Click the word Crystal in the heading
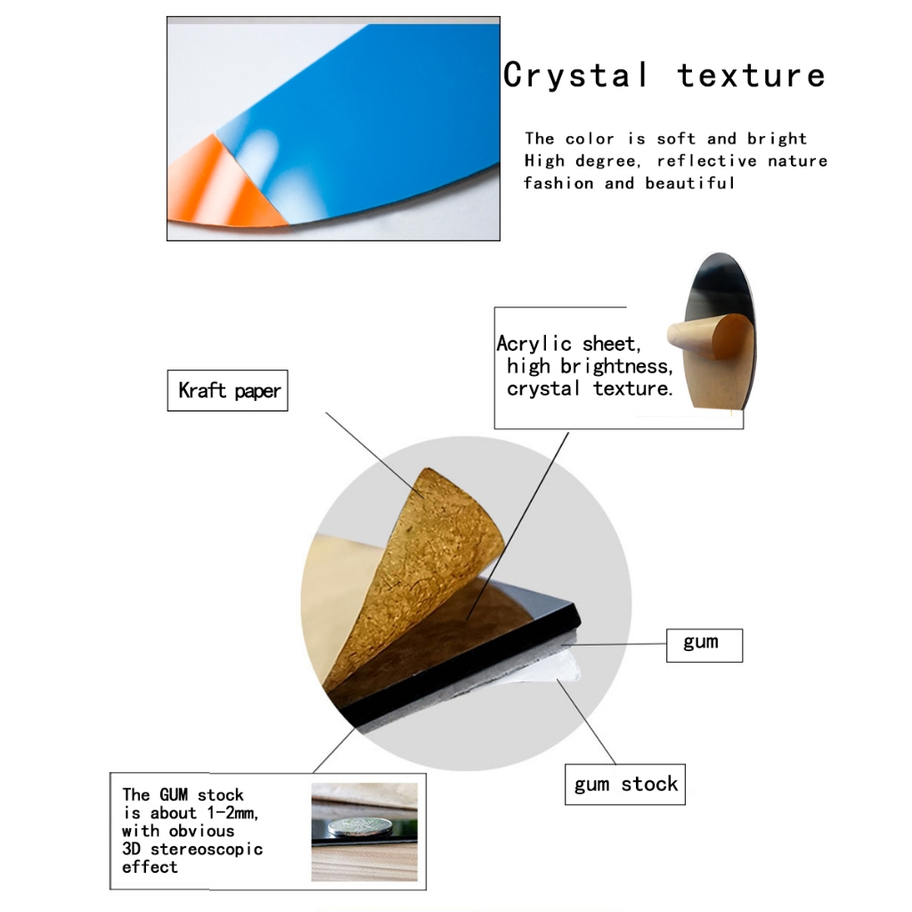pos(576,77)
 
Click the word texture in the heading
pos(751,77)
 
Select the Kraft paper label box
pos(227,390)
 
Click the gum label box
pos(704,645)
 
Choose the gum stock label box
pos(625,785)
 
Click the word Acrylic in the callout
pos(534,344)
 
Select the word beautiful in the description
pos(690,183)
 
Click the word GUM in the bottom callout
pos(174,794)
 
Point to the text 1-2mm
pos(232,812)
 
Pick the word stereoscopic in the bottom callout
pos(207,850)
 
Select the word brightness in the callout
pos(616,366)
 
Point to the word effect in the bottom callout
pos(150,867)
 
